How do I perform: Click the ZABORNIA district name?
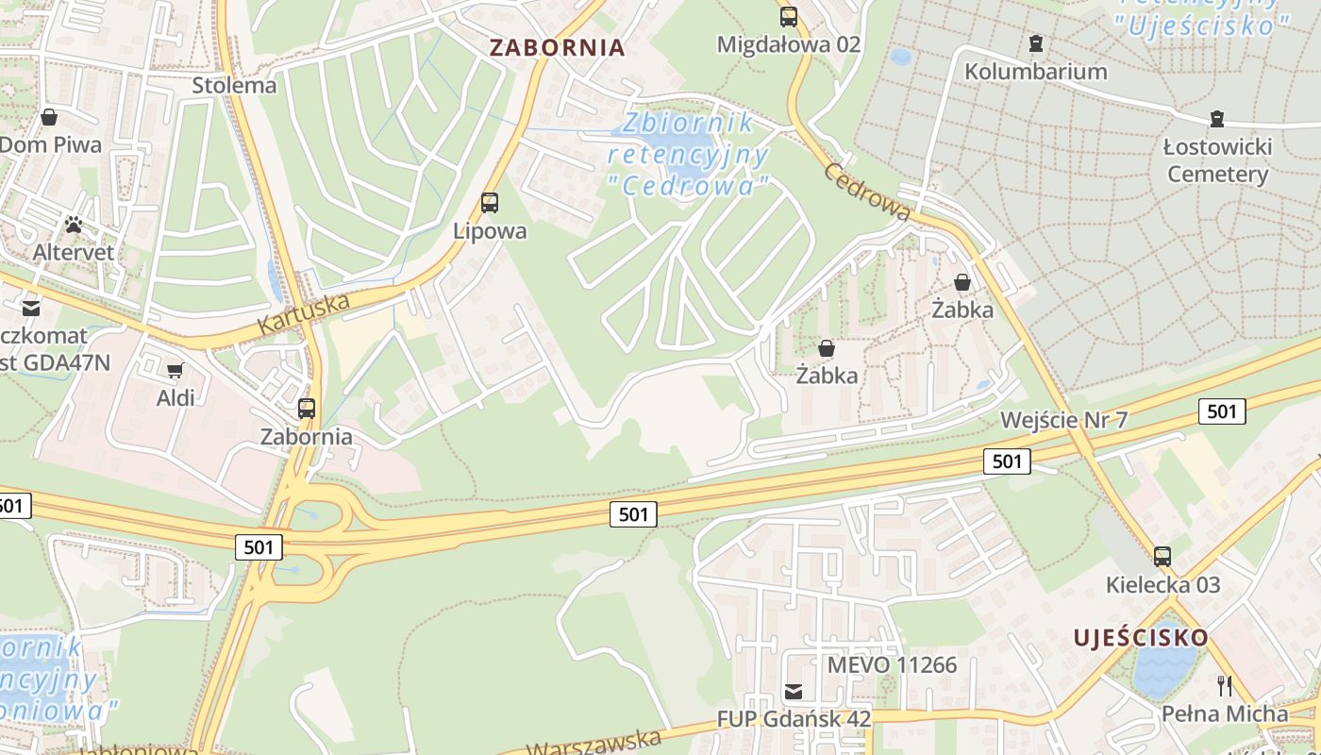557,47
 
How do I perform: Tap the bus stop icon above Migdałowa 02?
789,16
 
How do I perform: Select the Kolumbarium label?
1035,72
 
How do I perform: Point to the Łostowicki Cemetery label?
1217,160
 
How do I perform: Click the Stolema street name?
234,85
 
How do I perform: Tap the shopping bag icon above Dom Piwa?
49,118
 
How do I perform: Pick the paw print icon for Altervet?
74,225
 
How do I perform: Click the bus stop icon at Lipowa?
489,202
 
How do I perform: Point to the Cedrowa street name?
867,192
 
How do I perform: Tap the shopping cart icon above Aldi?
175,370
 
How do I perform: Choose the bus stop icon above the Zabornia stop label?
307,409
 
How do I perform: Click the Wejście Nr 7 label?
1063,420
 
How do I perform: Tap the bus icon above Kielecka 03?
1162,557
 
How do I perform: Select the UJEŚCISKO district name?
1140,638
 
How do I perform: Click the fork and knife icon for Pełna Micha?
1225,686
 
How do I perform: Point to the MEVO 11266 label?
892,664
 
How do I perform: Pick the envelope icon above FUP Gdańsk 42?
794,692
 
